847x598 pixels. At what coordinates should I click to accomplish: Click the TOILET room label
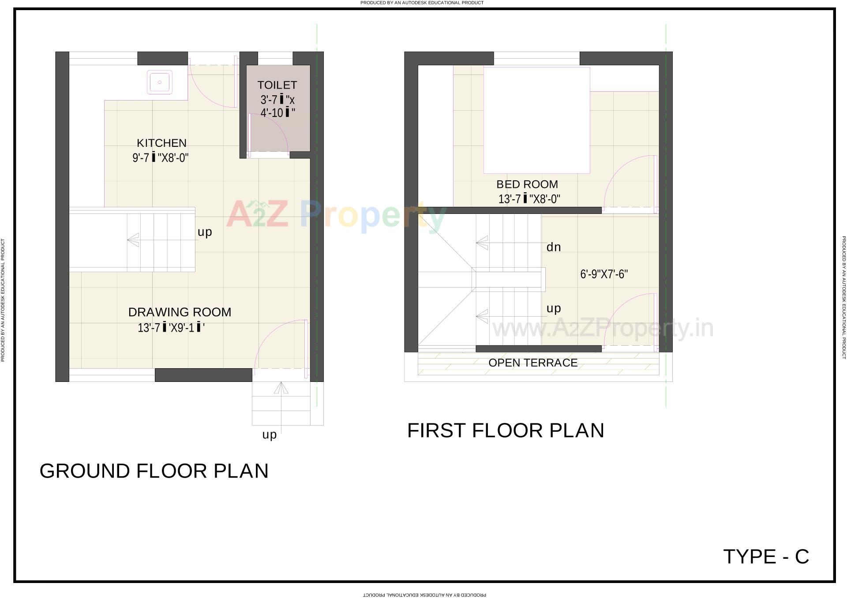click(277, 85)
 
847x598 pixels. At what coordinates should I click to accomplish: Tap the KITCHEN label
click(161, 143)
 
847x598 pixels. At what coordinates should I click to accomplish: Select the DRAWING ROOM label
click(180, 312)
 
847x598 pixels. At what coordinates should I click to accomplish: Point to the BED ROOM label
click(527, 184)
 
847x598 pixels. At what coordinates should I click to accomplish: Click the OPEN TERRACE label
click(533, 363)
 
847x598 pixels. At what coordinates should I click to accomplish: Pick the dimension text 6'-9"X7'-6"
click(604, 274)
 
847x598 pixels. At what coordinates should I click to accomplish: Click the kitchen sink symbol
click(160, 82)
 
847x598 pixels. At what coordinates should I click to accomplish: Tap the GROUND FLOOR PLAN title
click(154, 471)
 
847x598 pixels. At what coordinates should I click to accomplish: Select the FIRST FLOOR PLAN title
click(506, 430)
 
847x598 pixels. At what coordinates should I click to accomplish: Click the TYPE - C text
click(766, 557)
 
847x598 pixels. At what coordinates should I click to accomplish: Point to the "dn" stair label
click(554, 247)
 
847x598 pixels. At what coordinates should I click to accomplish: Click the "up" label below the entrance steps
click(270, 435)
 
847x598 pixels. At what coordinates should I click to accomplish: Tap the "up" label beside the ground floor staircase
click(205, 232)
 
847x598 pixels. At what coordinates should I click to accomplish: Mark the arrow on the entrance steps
click(281, 388)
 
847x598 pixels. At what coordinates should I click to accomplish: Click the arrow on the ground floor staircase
click(133, 240)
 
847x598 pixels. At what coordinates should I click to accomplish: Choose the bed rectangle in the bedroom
click(536, 120)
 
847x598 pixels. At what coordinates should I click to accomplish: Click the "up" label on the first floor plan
click(554, 308)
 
